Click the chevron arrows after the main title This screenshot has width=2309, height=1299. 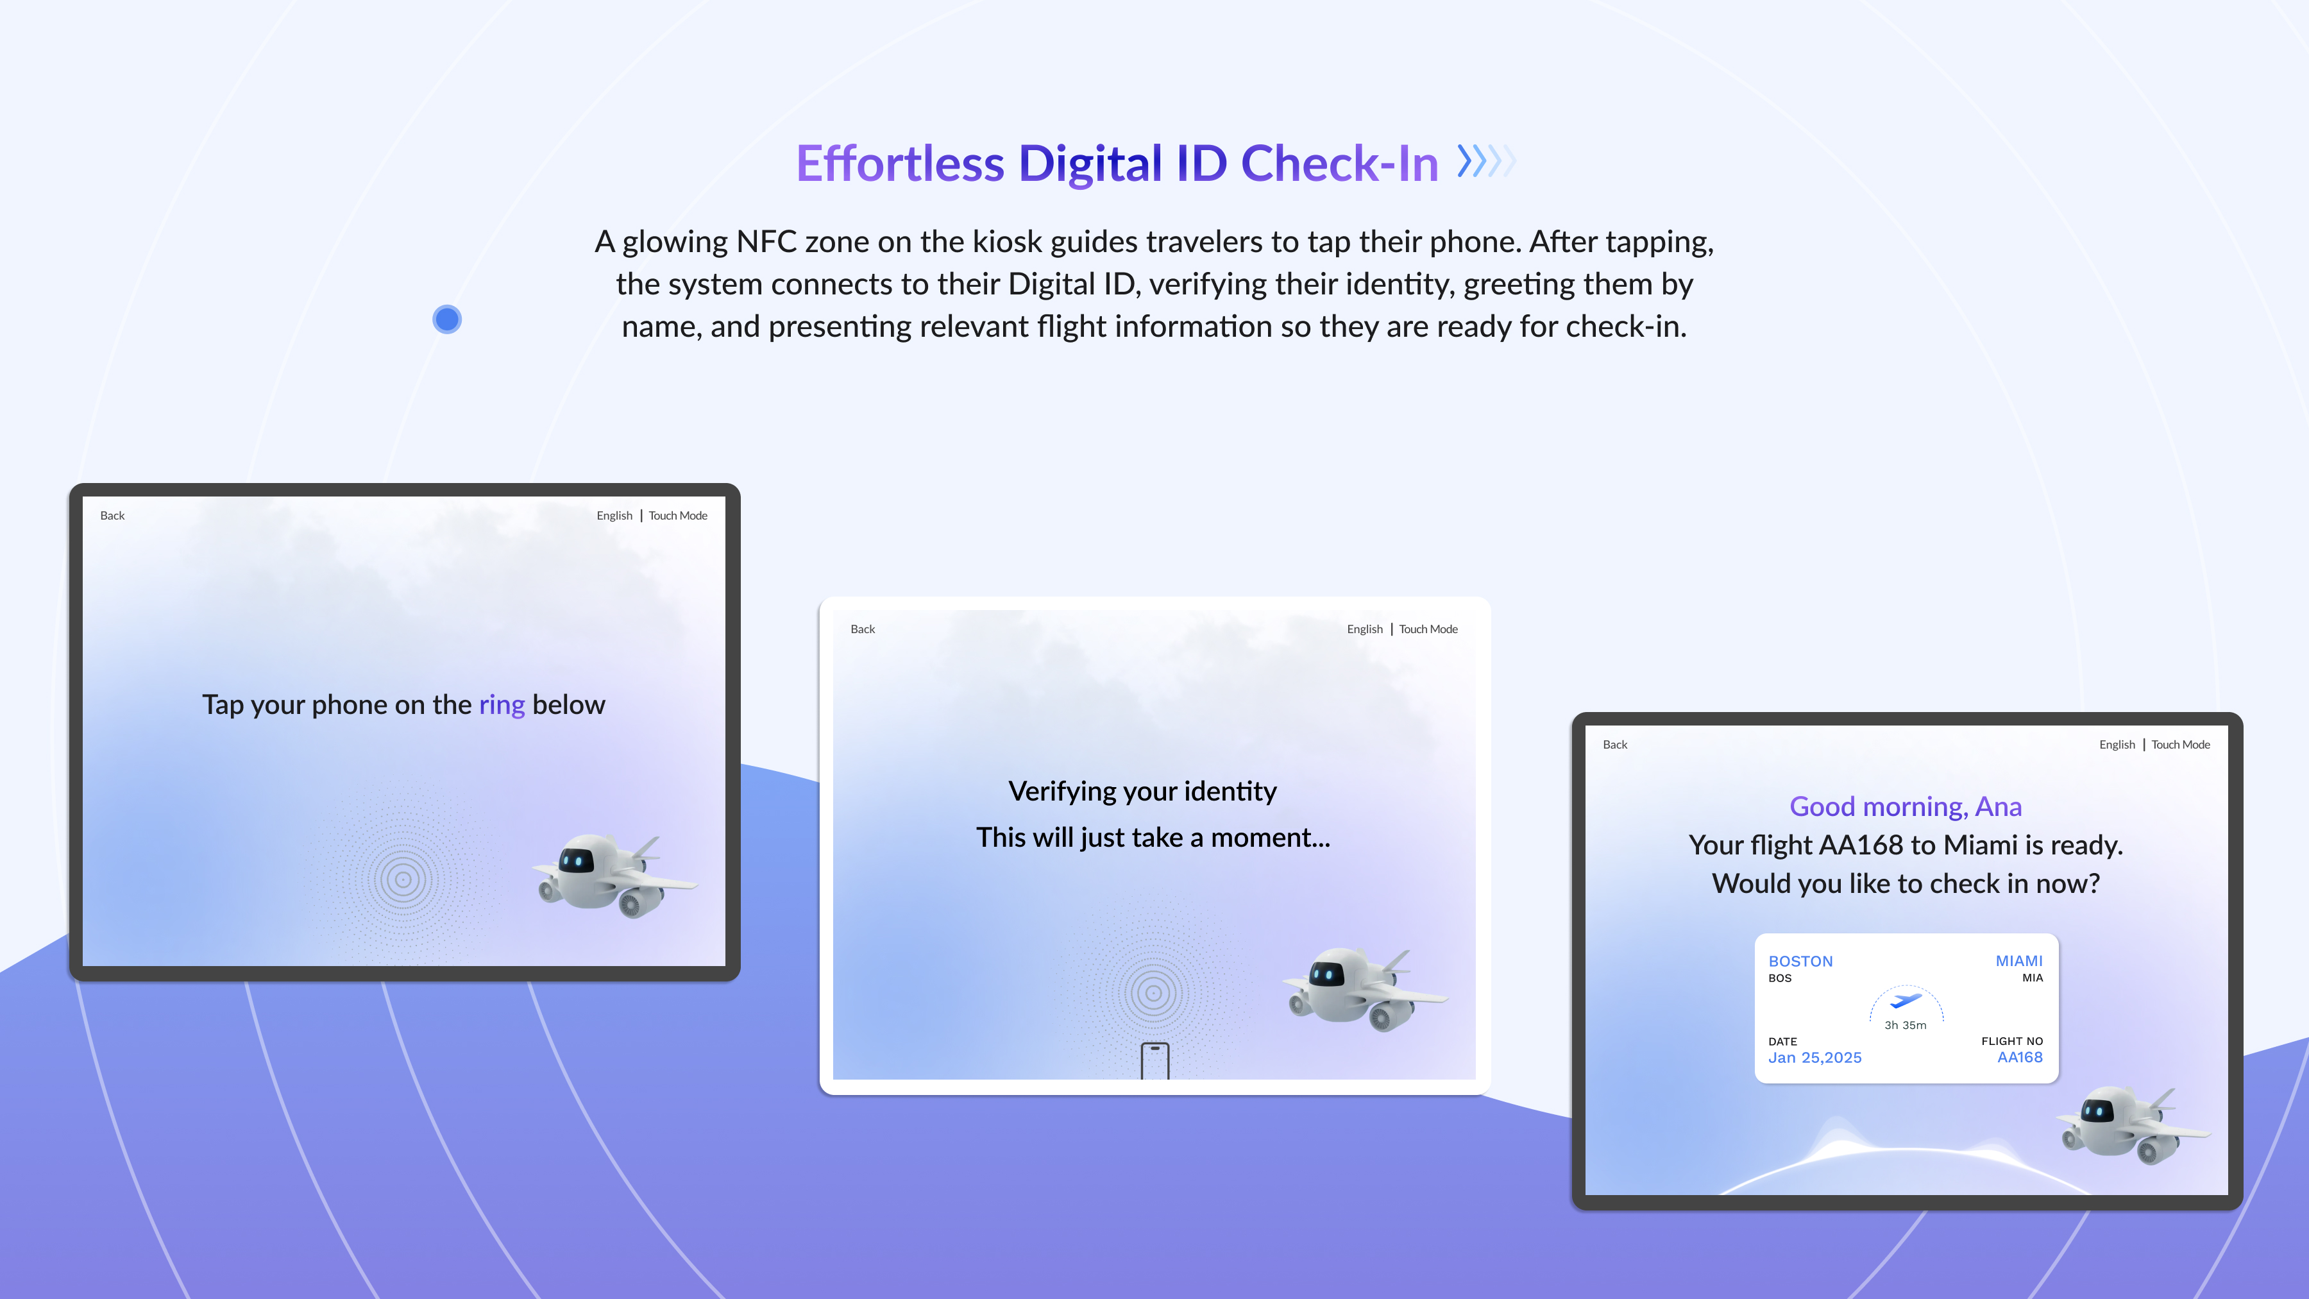click(x=1486, y=162)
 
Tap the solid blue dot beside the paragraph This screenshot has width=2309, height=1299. click(x=447, y=319)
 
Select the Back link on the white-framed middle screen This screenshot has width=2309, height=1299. click(x=862, y=629)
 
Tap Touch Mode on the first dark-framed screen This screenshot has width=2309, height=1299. click(x=678, y=516)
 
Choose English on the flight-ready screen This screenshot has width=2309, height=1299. click(x=2117, y=745)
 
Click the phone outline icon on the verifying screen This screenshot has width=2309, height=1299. click(x=1154, y=1060)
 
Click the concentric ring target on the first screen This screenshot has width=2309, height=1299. click(x=403, y=879)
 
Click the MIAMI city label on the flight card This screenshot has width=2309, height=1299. click(x=2018, y=961)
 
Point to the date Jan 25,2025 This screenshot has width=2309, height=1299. click(x=1814, y=1058)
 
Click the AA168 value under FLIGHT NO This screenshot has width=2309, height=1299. click(x=2020, y=1058)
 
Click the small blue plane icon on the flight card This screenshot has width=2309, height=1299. click(x=1906, y=999)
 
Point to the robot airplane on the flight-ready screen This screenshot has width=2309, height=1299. click(x=2133, y=1126)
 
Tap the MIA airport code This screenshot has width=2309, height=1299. click(x=2032, y=978)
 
